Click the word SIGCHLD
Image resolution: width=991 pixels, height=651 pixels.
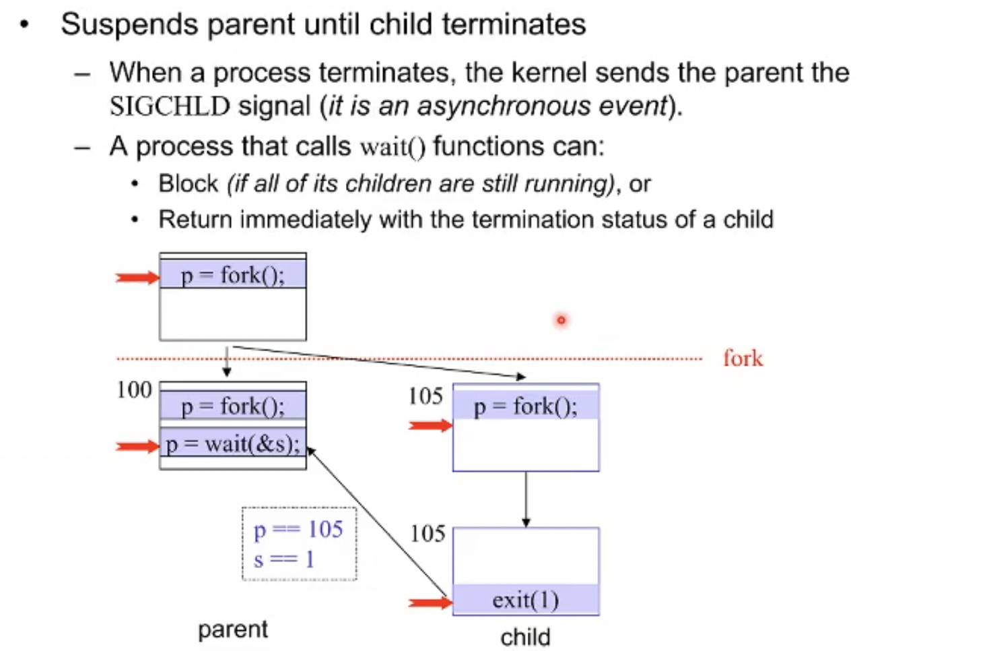pyautogui.click(x=170, y=106)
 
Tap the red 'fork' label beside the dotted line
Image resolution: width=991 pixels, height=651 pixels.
pyautogui.click(x=743, y=358)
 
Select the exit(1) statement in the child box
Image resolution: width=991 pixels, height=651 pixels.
pyautogui.click(x=526, y=600)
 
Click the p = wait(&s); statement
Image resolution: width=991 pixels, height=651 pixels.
pyautogui.click(x=233, y=444)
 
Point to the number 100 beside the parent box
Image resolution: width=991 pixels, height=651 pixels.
pyautogui.click(x=134, y=390)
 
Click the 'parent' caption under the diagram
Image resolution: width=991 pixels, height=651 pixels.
pyautogui.click(x=233, y=629)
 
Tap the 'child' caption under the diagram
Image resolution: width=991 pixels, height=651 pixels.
pyautogui.click(x=526, y=638)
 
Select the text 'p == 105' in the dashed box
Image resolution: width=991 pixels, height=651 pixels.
pyautogui.click(x=298, y=529)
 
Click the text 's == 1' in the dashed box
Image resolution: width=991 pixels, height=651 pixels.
pyautogui.click(x=284, y=559)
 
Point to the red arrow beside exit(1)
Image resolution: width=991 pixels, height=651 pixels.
pyautogui.click(x=430, y=602)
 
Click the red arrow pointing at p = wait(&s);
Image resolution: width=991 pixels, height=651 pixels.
pyautogui.click(x=137, y=446)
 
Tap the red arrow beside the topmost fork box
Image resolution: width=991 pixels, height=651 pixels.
pyautogui.click(x=137, y=278)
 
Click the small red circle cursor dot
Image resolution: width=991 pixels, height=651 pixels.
pyautogui.click(x=561, y=319)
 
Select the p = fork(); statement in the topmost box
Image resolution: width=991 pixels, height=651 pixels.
pyautogui.click(x=233, y=276)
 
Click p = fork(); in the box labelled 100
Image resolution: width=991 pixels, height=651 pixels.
pyautogui.click(x=233, y=406)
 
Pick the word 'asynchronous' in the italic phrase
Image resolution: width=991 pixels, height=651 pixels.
pyautogui.click(x=504, y=106)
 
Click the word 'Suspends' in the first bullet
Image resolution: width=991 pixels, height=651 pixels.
pyautogui.click(x=129, y=24)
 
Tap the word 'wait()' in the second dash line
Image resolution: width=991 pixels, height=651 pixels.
pyautogui.click(x=393, y=147)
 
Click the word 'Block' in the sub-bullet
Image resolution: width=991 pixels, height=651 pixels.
pyautogui.click(x=189, y=183)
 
